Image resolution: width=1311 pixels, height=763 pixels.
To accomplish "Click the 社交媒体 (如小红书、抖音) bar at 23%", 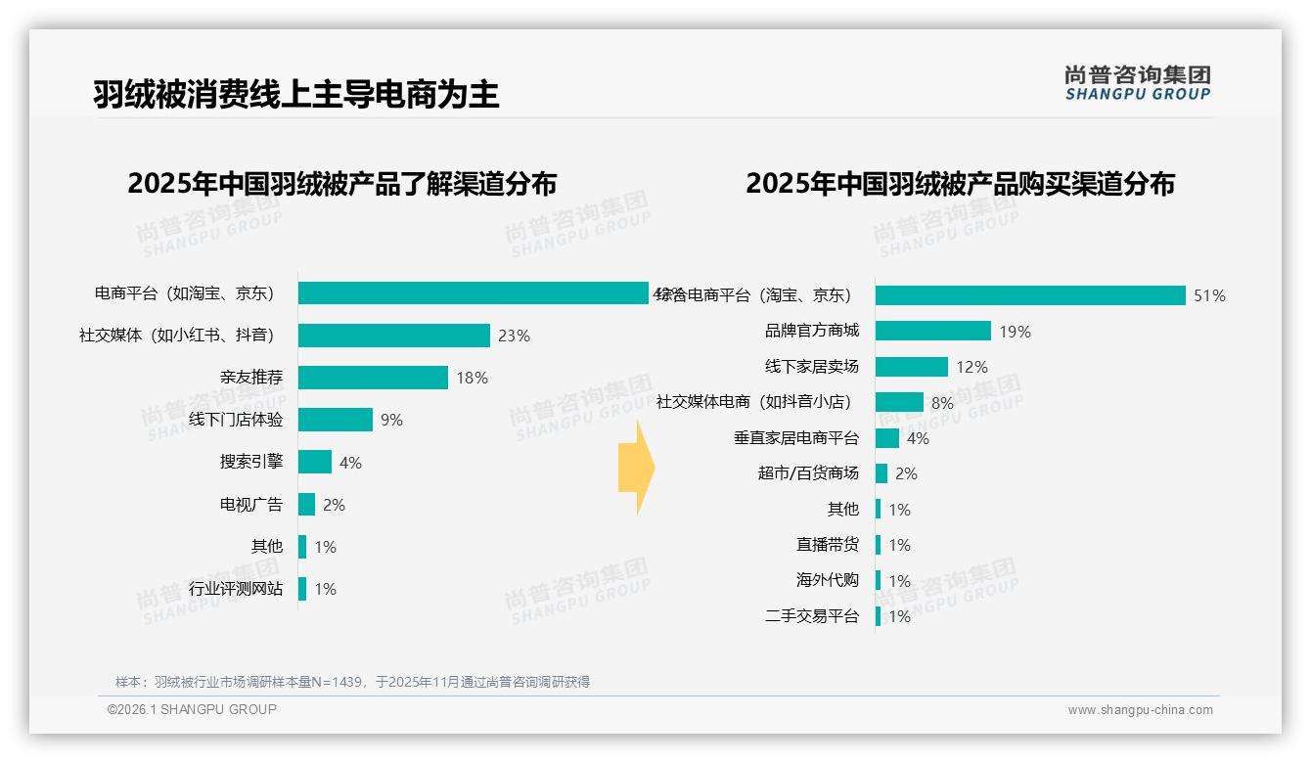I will [x=393, y=336].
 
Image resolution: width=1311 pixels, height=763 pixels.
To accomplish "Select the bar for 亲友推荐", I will [x=373, y=378].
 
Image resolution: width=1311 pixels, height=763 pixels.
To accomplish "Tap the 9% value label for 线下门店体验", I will [x=391, y=421].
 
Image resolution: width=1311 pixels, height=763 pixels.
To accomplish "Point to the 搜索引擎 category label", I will [x=250, y=463].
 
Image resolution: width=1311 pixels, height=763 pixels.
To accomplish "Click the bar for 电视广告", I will [x=306, y=505].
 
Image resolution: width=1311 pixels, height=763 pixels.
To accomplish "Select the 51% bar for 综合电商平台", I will [x=1029, y=295].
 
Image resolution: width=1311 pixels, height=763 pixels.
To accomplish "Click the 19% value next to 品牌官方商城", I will [x=1015, y=332].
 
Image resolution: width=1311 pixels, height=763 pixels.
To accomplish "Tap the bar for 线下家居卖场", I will [x=911, y=367].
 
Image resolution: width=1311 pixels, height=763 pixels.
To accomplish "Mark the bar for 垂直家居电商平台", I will [x=886, y=438].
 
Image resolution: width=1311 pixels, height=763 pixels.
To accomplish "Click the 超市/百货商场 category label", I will [x=808, y=473].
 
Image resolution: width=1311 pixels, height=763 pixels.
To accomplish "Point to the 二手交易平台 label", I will [x=812, y=616].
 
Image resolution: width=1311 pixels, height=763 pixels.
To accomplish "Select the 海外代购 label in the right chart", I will [x=828, y=580].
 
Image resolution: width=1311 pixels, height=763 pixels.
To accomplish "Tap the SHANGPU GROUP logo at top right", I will [x=1137, y=82].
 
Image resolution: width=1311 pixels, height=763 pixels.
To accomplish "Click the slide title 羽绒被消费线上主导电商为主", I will [x=295, y=94].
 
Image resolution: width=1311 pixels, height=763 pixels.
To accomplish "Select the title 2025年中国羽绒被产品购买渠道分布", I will [x=960, y=184].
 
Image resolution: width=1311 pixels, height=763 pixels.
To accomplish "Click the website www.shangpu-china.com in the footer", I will [x=1140, y=710].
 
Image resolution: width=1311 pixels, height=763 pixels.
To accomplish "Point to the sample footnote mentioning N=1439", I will [x=352, y=682].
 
